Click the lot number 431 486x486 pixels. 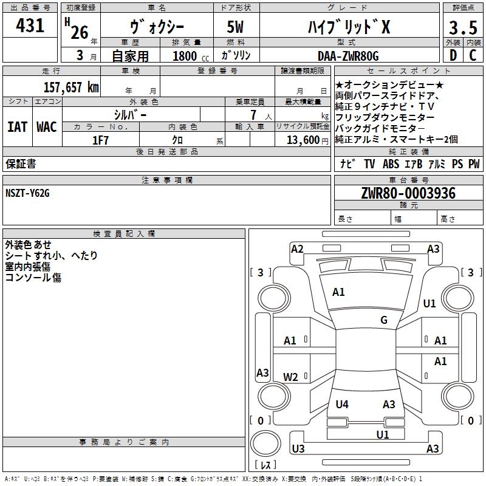tap(30, 25)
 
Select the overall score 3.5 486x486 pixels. tap(463, 27)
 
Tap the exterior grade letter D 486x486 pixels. tap(453, 55)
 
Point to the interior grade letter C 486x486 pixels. tap(473, 55)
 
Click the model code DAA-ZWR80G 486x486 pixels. tap(348, 56)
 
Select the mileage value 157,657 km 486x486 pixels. tap(71, 87)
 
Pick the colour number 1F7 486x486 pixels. tap(100, 140)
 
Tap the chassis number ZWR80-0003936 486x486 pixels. tap(408, 193)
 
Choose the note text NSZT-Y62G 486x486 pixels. tap(27, 193)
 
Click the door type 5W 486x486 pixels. tap(235, 27)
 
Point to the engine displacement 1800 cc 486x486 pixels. tap(191, 56)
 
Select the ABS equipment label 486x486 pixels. tap(391, 163)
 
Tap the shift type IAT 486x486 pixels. tap(17, 127)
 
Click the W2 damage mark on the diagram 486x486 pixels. tap(290, 377)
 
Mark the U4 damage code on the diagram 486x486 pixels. tap(342, 404)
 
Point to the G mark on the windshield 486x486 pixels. tap(384, 320)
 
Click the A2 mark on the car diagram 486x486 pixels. tap(297, 248)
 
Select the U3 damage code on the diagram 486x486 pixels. tap(298, 448)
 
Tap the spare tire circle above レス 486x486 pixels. tap(265, 443)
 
